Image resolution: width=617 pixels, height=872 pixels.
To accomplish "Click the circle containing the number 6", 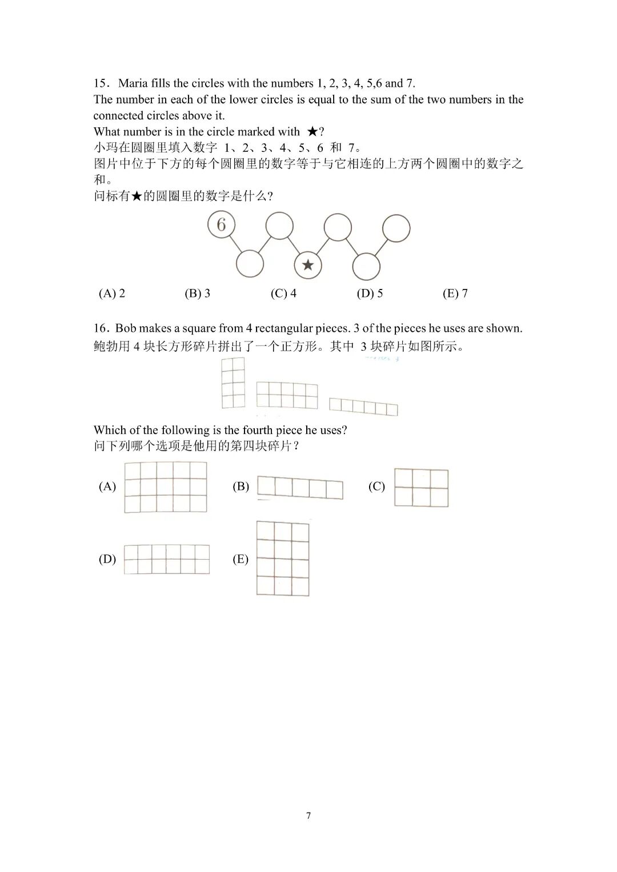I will pos(221,224).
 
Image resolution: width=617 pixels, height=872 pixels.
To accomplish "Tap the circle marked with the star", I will pos(308,265).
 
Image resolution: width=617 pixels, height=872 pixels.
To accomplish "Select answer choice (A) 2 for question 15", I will pos(112,294).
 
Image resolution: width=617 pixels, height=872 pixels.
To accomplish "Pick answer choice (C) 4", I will pos(283,294).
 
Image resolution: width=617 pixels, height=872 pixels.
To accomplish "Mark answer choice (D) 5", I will pos(370,294).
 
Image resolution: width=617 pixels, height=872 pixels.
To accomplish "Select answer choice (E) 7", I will pos(455,294).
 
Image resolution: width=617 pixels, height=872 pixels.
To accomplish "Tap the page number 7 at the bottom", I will pos(308,815).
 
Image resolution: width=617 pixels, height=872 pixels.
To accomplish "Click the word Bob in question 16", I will pos(126,328).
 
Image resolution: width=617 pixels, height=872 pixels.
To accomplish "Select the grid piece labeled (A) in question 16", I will pos(166,487).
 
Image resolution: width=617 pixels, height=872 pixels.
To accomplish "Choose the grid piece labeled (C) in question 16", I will pos(421,488).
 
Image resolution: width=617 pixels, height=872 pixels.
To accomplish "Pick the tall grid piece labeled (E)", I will pos(283,558).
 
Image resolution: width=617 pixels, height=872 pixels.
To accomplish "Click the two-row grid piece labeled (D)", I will pos(167,559).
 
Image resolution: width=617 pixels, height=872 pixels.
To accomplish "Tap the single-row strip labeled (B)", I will pos(300,488).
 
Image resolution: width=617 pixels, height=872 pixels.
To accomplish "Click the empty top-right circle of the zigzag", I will pos(396,228).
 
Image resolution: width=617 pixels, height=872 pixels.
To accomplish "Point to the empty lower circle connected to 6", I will pos(250,264).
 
